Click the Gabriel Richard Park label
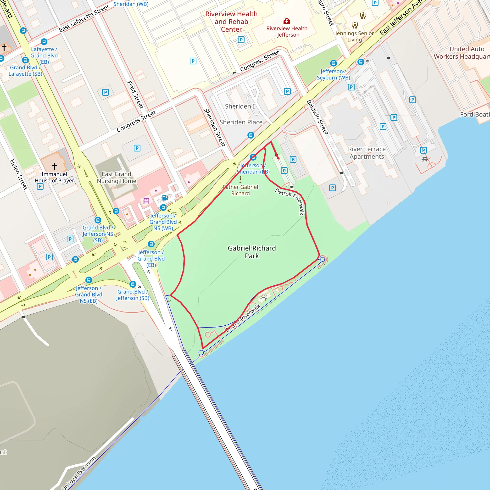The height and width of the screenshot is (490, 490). click(252, 252)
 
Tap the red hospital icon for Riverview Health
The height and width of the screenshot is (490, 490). click(287, 21)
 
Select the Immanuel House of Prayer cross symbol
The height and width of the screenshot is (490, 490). click(54, 166)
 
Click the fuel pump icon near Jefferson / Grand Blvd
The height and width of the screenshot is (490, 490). click(165, 198)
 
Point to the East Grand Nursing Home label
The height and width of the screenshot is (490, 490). click(117, 177)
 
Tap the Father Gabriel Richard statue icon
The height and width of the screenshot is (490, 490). click(240, 180)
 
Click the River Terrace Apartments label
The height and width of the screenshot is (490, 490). click(367, 153)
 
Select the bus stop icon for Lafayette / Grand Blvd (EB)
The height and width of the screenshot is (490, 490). click(44, 41)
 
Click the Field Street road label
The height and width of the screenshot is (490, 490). click(135, 95)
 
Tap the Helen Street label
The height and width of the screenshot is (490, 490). click(18, 174)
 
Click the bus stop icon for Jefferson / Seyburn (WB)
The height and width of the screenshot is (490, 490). click(333, 63)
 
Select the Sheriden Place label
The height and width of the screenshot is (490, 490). click(241, 122)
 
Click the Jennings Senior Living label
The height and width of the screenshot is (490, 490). click(355, 37)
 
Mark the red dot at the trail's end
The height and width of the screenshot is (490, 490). click(278, 158)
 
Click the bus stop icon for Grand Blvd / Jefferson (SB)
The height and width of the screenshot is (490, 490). click(133, 284)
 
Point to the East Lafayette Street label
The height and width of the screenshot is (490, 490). click(84, 18)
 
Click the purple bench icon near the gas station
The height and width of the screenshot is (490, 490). click(146, 200)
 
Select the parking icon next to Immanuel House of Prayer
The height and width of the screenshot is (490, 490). click(40, 186)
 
